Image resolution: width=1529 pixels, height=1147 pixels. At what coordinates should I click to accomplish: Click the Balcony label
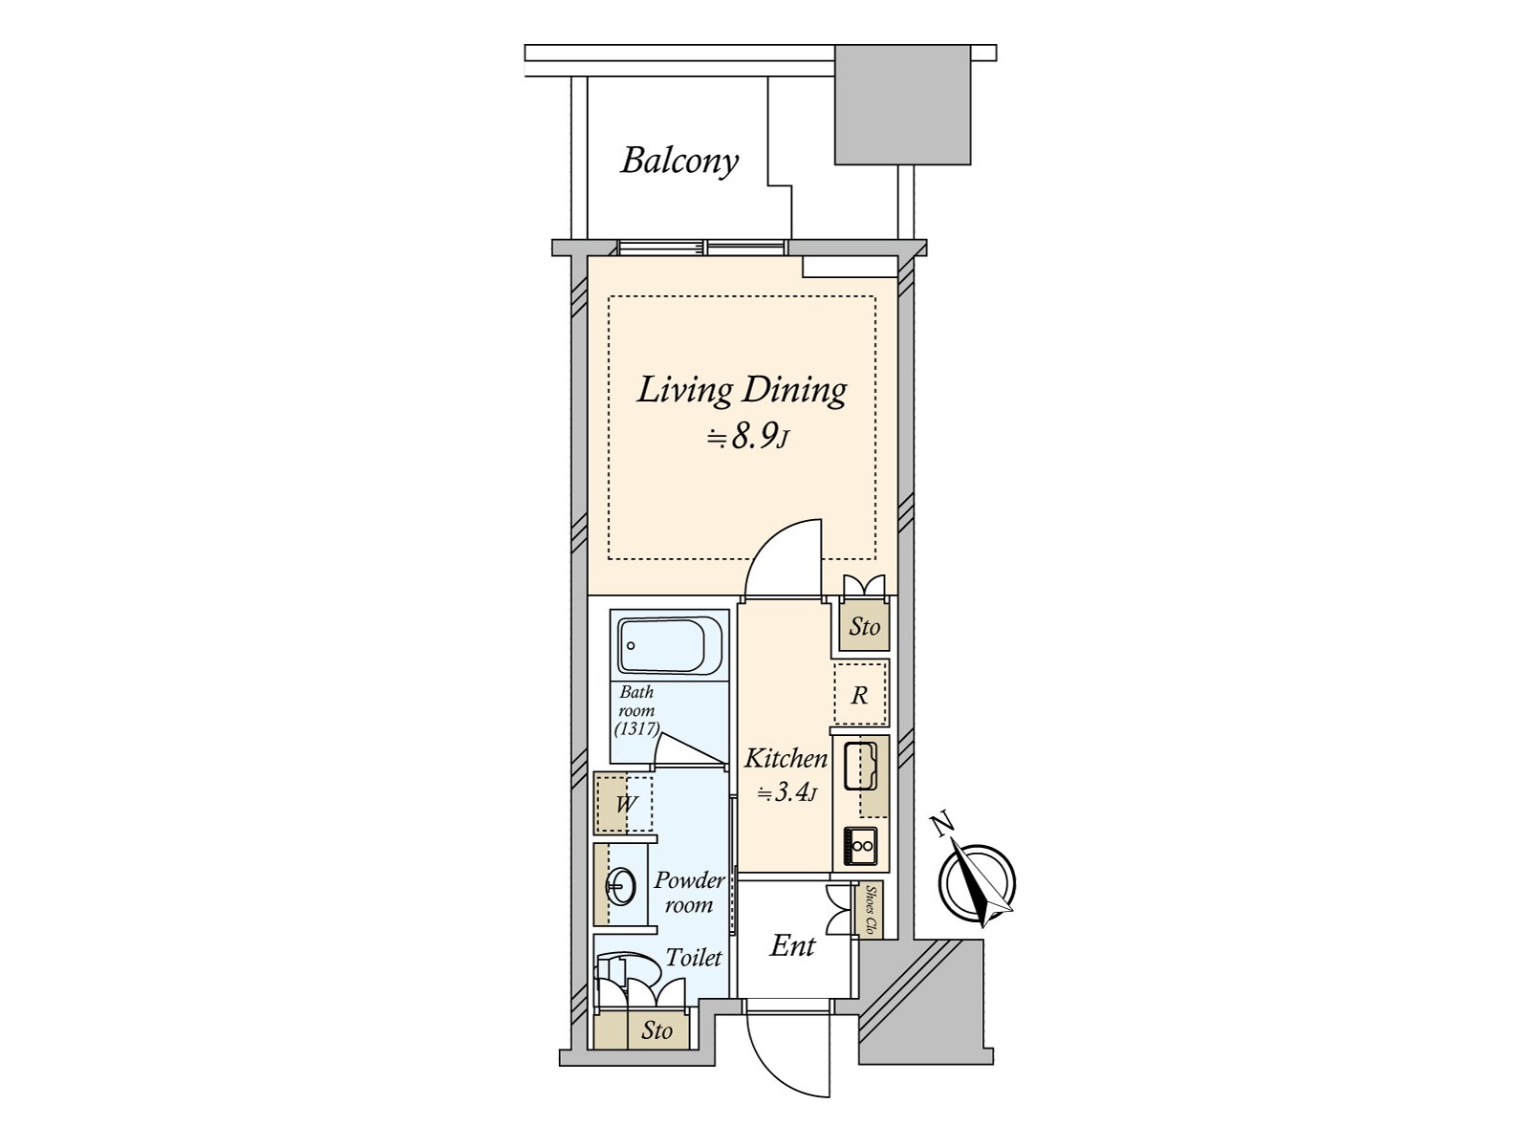pyautogui.click(x=679, y=162)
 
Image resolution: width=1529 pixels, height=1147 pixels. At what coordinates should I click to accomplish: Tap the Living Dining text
pyautogui.click(x=742, y=391)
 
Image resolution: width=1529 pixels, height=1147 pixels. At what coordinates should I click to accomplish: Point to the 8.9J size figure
pyautogui.click(x=747, y=438)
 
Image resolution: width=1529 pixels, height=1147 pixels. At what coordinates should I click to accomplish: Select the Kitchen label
pyautogui.click(x=786, y=758)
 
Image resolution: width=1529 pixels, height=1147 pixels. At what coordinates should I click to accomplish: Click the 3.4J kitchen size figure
pyautogui.click(x=786, y=792)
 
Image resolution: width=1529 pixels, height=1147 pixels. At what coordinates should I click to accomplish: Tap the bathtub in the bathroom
pyautogui.click(x=670, y=645)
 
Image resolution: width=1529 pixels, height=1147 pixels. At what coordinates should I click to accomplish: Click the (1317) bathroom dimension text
pyautogui.click(x=636, y=729)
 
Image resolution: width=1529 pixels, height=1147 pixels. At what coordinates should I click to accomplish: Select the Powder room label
pyautogui.click(x=689, y=893)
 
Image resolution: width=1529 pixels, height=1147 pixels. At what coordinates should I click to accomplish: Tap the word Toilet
pyautogui.click(x=694, y=958)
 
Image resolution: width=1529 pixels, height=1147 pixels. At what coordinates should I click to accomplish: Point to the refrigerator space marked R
pyautogui.click(x=860, y=694)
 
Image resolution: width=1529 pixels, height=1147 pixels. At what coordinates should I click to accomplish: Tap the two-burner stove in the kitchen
pyautogui.click(x=862, y=846)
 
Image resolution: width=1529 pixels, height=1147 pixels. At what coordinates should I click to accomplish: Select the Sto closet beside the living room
pyautogui.click(x=864, y=626)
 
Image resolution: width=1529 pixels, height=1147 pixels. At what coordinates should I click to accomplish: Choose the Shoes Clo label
pyautogui.click(x=870, y=910)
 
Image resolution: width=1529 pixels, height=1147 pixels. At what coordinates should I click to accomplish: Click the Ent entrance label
pyautogui.click(x=793, y=945)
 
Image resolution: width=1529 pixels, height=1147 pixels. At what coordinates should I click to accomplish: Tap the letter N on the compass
pyautogui.click(x=944, y=825)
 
